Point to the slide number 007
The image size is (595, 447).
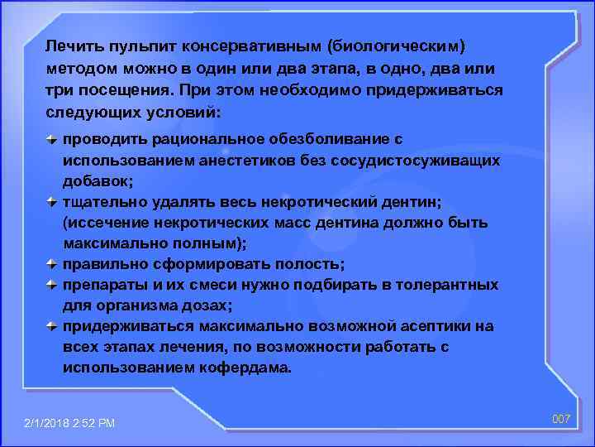click(562, 420)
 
